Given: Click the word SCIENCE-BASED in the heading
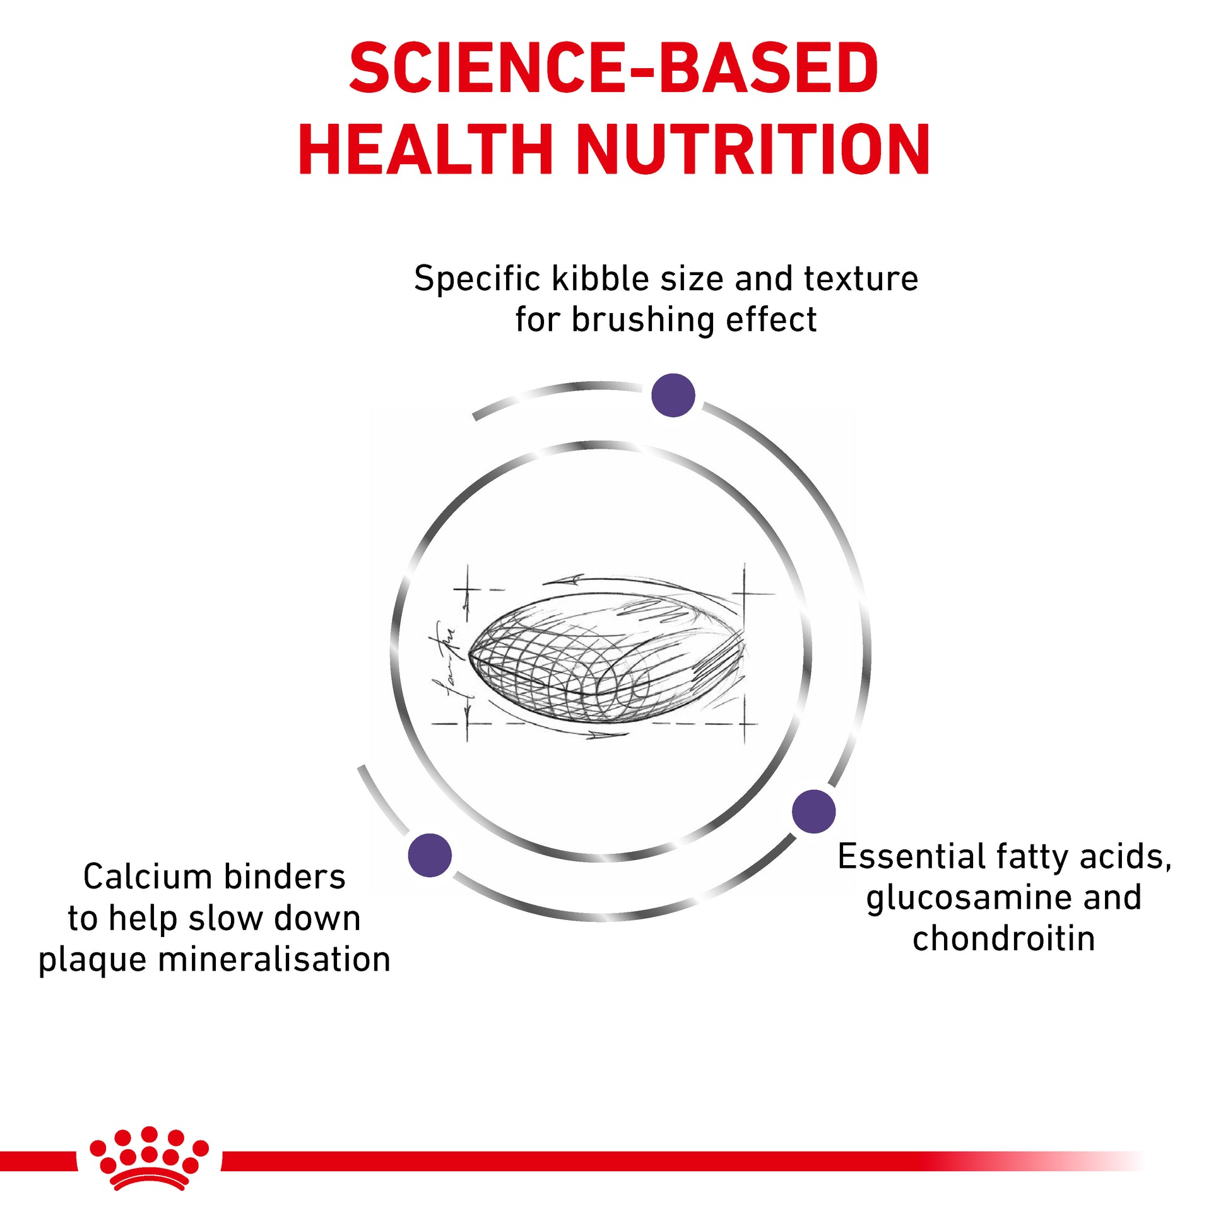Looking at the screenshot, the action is coord(614,68).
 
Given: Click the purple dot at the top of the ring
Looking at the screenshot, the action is coord(673,396).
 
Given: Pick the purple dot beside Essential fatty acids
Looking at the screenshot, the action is coord(813,811).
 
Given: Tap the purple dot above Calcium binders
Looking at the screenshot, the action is coord(430,855).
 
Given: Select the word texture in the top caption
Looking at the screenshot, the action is coord(861,279).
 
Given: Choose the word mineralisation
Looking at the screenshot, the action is coord(275,960).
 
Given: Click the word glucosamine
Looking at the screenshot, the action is coord(964,898).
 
